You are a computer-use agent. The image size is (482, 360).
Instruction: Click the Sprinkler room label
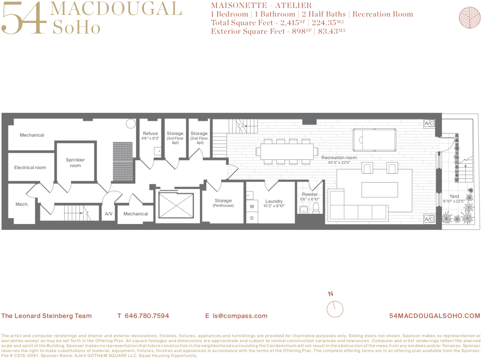point(75,163)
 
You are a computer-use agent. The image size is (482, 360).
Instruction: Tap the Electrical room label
point(30,168)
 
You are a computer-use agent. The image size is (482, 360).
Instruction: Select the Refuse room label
point(150,134)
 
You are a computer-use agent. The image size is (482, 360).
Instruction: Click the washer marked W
point(252,206)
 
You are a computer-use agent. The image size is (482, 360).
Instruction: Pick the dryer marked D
point(252,218)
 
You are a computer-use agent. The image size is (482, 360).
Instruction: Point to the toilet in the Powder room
point(316,208)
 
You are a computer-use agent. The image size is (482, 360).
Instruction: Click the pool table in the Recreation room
point(374,140)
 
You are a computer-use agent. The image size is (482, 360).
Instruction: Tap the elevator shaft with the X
point(176,205)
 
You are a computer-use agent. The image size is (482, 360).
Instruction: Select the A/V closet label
point(109,214)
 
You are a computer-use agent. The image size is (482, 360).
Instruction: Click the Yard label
point(454,196)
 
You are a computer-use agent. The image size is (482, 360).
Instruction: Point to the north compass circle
point(335,309)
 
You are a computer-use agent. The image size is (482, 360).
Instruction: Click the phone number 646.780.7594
point(147,316)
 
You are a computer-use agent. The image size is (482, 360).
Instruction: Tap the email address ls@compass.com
point(240,316)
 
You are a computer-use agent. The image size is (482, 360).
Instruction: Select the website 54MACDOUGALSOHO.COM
point(434,316)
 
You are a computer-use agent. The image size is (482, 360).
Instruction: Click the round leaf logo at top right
point(469,18)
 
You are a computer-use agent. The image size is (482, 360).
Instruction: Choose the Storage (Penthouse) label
point(223,203)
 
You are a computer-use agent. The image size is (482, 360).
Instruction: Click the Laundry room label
point(274,201)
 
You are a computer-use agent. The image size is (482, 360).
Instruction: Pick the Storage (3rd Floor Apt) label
point(175,138)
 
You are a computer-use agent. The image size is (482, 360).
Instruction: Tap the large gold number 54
point(24,18)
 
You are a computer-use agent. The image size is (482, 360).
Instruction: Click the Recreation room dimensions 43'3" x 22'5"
point(339,163)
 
